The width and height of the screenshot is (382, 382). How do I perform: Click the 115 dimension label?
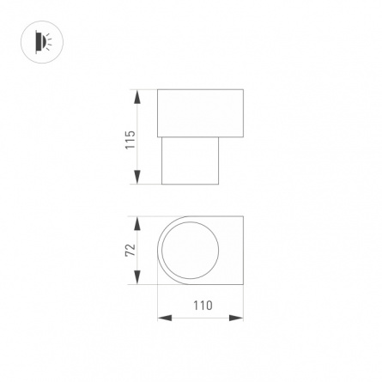pyautogui.click(x=130, y=140)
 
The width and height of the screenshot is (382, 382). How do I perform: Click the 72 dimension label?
pyautogui.click(x=130, y=250)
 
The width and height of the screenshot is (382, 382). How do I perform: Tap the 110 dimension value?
pyautogui.click(x=203, y=306)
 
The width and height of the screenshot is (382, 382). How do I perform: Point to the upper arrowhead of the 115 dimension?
pyautogui.click(x=137, y=97)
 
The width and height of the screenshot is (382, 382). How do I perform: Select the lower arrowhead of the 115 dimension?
pyautogui.click(x=137, y=177)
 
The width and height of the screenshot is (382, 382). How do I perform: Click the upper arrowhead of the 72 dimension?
pyautogui.click(x=137, y=223)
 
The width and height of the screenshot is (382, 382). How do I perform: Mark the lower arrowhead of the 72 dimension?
pyautogui.click(x=137, y=277)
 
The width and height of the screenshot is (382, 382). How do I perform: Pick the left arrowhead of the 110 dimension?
pyautogui.click(x=165, y=318)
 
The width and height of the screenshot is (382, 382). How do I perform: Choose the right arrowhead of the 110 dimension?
pyautogui.click(x=236, y=318)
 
